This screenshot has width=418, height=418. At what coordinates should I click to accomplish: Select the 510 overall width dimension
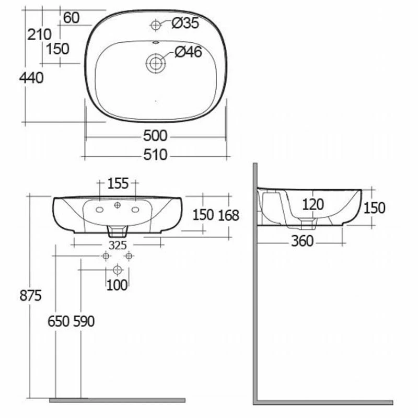pyautogui.click(x=155, y=155)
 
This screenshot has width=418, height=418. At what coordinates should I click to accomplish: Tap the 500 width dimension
pyautogui.click(x=155, y=136)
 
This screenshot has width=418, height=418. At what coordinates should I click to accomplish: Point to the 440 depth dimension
pyautogui.click(x=31, y=78)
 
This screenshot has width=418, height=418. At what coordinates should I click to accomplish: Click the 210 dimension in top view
pyautogui.click(x=39, y=34)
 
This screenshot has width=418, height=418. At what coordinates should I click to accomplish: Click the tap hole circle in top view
pyautogui.click(x=156, y=24)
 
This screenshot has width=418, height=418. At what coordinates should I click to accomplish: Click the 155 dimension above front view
pyautogui.click(x=118, y=183)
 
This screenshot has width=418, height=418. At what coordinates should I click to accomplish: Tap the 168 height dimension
pyautogui.click(x=228, y=215)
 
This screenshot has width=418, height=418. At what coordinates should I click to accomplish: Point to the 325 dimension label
pyautogui.click(x=118, y=245)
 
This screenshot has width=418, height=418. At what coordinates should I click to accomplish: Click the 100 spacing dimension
pyautogui.click(x=117, y=285)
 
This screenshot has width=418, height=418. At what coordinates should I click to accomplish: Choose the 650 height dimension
pyautogui.click(x=59, y=321)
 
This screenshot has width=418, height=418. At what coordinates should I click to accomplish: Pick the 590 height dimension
pyautogui.click(x=84, y=321)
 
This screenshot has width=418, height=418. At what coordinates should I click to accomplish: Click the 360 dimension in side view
pyautogui.click(x=303, y=241)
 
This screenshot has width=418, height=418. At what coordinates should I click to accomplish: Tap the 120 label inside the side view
pyautogui.click(x=313, y=204)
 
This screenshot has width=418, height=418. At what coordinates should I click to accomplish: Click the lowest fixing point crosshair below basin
pyautogui.click(x=117, y=270)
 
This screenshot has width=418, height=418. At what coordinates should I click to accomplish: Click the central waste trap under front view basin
pyautogui.click(x=118, y=230)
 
